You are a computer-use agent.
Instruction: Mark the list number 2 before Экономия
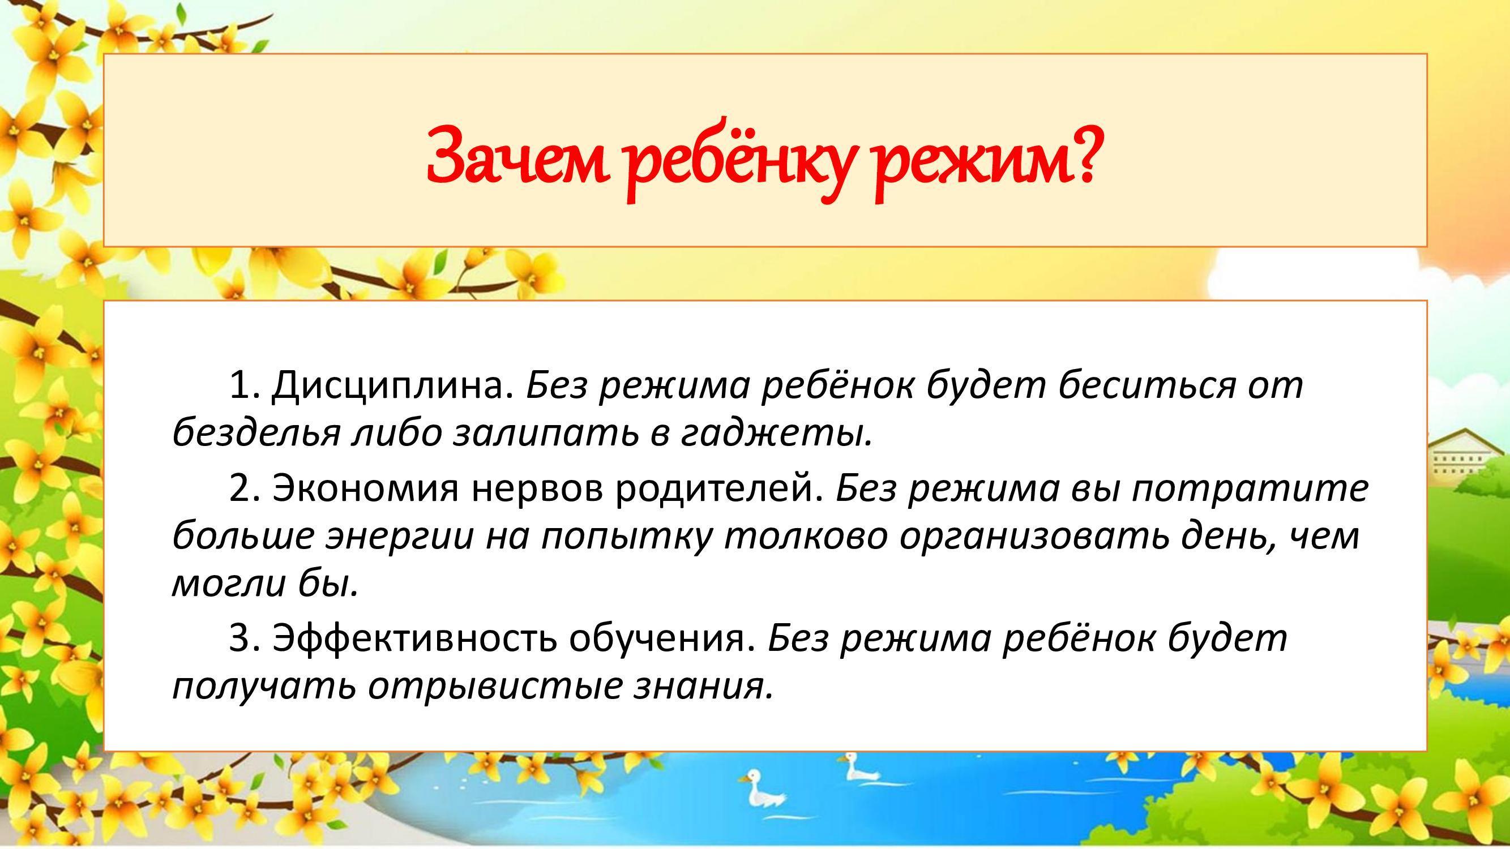243,488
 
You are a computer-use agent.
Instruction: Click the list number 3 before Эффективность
243,639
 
